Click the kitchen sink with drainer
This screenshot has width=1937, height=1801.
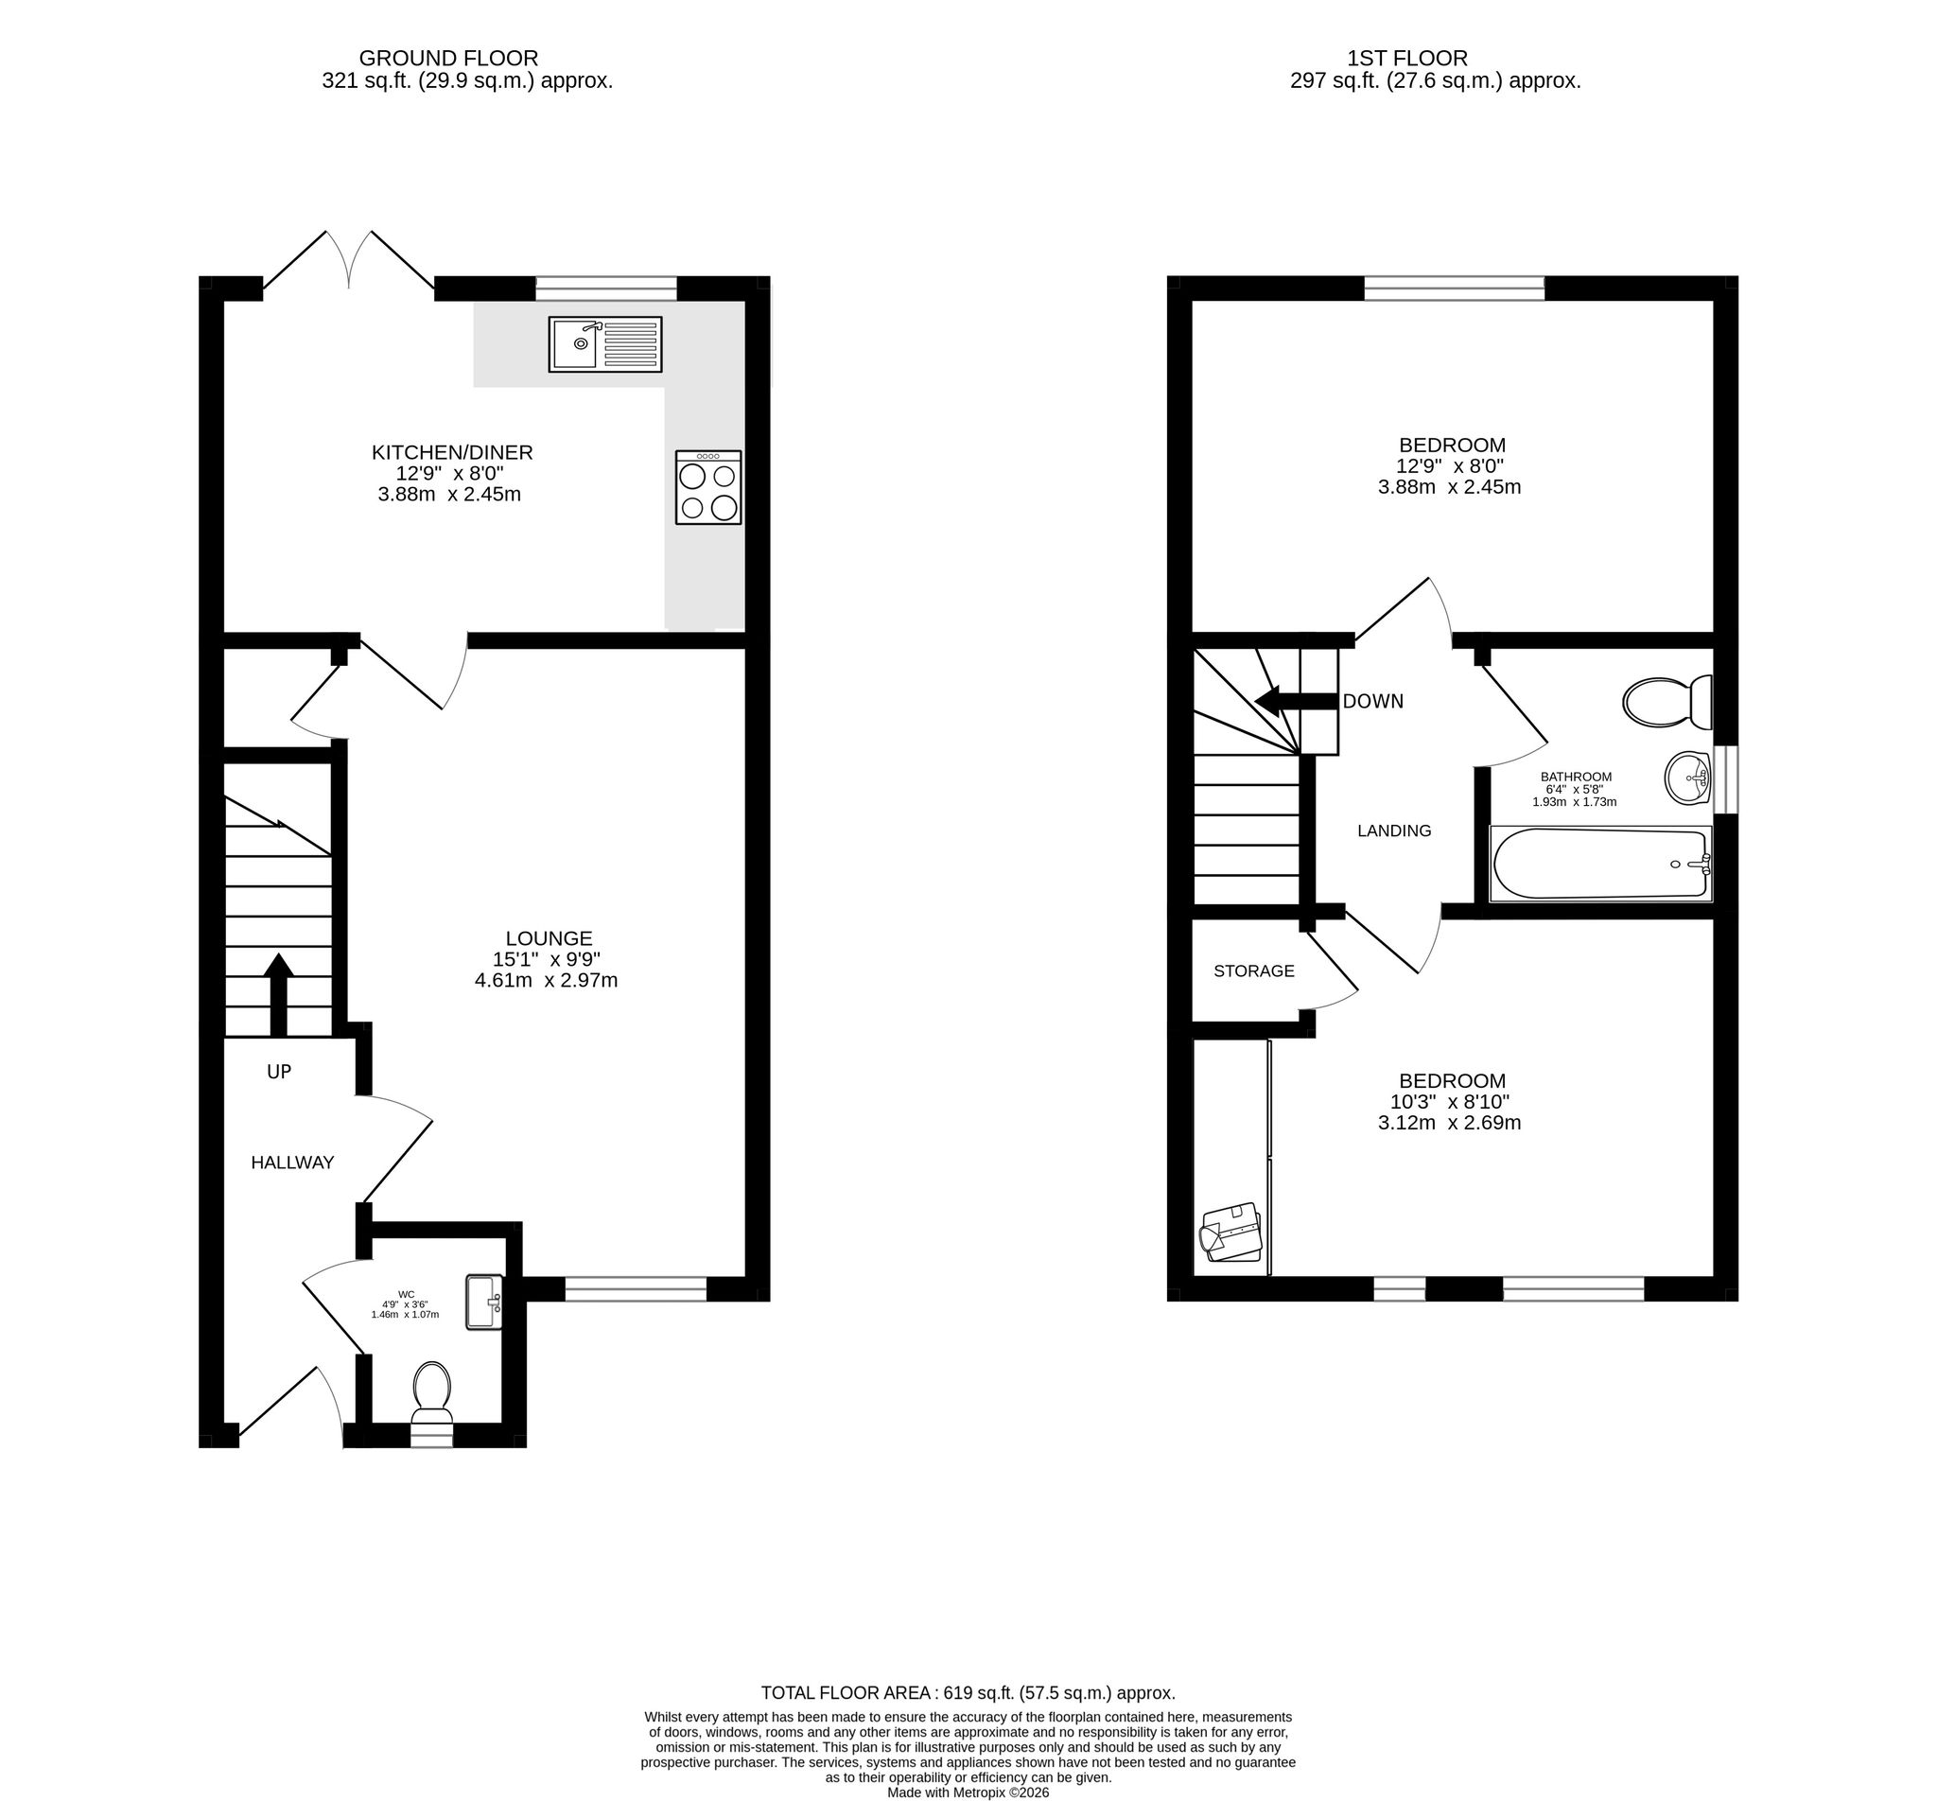click(605, 344)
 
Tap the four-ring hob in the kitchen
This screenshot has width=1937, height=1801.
click(708, 487)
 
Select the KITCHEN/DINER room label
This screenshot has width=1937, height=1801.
click(452, 453)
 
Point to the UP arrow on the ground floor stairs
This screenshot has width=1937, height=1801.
click(279, 994)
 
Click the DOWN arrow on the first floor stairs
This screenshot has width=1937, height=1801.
click(1295, 701)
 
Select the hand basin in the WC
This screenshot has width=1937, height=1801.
click(484, 1302)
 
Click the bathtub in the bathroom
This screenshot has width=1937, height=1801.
click(1601, 864)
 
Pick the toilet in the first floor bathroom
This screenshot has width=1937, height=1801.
click(1668, 702)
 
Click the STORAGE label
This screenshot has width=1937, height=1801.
click(1254, 971)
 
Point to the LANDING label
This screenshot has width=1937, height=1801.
click(1394, 831)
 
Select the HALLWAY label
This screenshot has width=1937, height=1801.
click(292, 1163)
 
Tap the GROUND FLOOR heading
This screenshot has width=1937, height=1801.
click(448, 59)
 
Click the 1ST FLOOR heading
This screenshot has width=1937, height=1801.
click(1407, 59)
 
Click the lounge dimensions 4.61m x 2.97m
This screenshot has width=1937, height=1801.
click(547, 980)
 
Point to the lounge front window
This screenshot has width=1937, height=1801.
click(637, 1289)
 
